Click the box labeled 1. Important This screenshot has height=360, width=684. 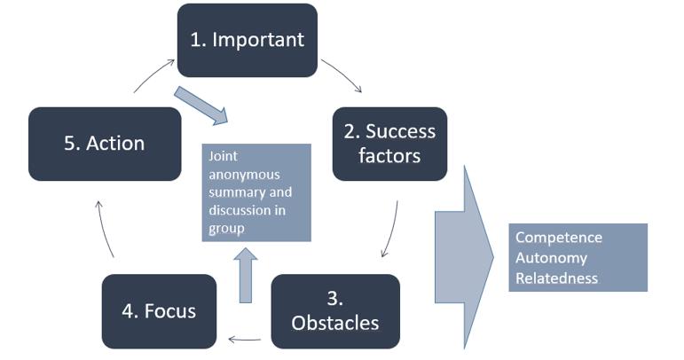(x=248, y=41)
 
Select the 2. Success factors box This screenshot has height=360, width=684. (x=389, y=144)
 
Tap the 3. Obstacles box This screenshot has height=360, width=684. (x=335, y=311)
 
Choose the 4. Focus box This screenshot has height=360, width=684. (x=159, y=311)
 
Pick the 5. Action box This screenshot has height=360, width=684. (x=105, y=144)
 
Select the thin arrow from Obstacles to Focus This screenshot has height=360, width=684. (x=245, y=339)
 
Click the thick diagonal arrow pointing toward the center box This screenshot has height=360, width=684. (x=201, y=106)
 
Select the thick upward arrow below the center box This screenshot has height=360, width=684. (x=246, y=276)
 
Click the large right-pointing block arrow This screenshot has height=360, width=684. (x=464, y=257)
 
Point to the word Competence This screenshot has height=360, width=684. (x=558, y=238)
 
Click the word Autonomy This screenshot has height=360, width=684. (x=551, y=258)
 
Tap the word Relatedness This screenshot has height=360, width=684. (x=556, y=278)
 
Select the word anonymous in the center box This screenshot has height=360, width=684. (x=244, y=175)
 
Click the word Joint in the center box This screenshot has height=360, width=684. (x=223, y=156)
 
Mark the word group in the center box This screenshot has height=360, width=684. (x=226, y=230)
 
